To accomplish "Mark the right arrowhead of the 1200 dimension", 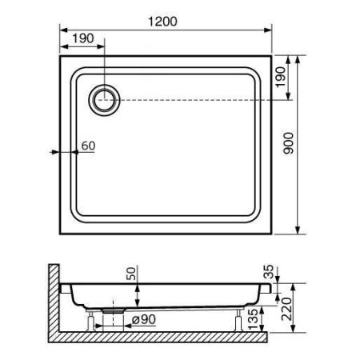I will point(270,29).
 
